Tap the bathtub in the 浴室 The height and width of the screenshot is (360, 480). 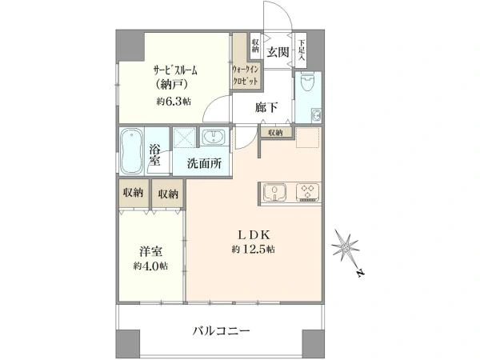132,151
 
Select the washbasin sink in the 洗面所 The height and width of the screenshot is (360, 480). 214,137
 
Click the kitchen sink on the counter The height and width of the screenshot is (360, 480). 274,192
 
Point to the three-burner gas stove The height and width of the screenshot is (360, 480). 307,192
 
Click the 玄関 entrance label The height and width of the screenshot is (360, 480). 278,52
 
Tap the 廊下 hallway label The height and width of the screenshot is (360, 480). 266,107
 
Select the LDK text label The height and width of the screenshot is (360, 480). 254,235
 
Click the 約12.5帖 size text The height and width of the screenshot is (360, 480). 253,249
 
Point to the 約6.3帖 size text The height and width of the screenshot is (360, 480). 174,102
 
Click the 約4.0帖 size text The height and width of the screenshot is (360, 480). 150,266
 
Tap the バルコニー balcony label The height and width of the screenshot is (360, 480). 221,330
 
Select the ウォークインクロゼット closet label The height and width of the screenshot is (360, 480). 246,75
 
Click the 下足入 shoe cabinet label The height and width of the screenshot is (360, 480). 302,49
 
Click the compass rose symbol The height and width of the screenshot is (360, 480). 346,246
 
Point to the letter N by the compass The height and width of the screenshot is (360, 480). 362,273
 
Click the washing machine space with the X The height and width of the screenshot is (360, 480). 185,138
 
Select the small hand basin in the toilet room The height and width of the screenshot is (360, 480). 316,115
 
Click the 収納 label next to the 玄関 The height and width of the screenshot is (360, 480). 256,46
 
